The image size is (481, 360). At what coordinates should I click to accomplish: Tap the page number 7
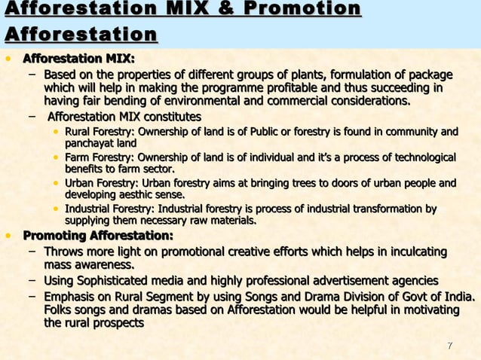[449, 346]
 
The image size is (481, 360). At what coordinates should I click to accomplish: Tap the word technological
[419, 157]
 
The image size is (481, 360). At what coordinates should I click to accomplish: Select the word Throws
[63, 252]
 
